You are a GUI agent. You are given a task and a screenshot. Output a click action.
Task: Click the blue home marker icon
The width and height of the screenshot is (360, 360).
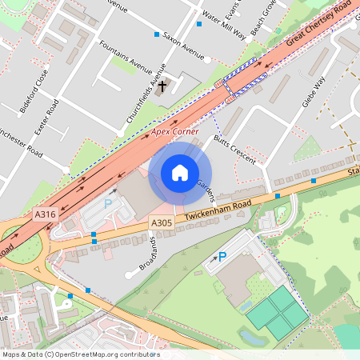point(180,174)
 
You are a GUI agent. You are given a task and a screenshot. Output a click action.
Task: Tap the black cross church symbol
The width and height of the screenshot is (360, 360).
point(162,85)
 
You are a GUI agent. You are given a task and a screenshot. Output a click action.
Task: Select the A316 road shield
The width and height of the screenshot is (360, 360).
point(45,214)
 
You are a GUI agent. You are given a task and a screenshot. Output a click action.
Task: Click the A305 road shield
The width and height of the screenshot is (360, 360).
point(162,222)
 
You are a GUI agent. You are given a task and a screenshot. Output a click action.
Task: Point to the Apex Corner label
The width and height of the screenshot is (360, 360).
point(174,130)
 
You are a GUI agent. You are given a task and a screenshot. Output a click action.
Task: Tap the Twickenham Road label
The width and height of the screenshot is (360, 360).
point(217,210)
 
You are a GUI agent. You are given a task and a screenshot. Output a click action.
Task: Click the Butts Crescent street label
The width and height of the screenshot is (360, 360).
point(235,149)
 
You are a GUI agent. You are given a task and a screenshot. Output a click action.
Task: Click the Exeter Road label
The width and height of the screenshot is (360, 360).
point(47,118)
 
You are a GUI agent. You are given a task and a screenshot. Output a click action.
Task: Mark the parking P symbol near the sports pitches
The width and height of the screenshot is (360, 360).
point(222,256)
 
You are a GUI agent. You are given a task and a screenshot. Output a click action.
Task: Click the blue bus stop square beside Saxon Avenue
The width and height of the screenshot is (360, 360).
point(157,34)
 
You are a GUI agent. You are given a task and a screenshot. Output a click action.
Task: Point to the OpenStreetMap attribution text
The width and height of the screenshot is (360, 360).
point(81,354)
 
